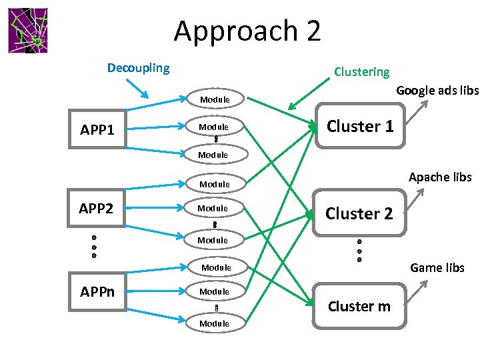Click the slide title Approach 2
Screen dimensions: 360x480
247,31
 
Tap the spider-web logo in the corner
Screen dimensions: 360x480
28,31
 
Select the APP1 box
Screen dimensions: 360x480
97,129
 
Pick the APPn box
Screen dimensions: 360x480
97,291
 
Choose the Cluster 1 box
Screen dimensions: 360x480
360,126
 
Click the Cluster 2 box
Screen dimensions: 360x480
360,213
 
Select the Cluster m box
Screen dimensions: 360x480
360,306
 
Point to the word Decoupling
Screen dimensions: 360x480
139,67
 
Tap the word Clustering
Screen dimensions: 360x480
362,71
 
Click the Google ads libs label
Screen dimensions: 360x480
437,90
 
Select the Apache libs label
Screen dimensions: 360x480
440,177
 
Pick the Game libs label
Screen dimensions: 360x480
437,267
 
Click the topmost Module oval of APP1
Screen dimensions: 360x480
215,99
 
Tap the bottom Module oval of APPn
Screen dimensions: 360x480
215,323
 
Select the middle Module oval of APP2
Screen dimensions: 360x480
213,209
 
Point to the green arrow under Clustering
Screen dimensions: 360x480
311,94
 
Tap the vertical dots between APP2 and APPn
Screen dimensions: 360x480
95,247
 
